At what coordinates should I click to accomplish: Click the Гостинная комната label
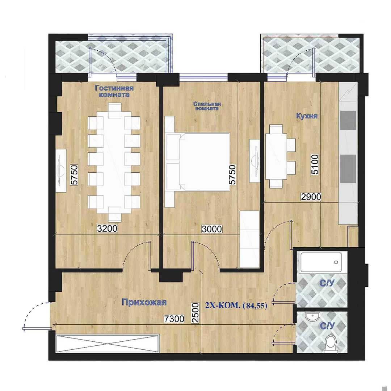114,91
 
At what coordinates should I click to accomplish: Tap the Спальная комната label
207,106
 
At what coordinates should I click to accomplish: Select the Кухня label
307,116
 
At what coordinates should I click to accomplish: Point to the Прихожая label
144,302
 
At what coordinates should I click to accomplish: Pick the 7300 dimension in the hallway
174,319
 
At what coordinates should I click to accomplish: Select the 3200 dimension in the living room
107,228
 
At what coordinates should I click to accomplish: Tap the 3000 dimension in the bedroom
212,229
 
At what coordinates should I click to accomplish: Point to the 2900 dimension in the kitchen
311,197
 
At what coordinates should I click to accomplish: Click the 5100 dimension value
315,164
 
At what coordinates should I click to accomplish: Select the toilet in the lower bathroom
331,344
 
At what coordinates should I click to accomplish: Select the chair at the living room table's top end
115,110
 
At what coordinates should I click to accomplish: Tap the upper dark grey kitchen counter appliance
348,120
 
